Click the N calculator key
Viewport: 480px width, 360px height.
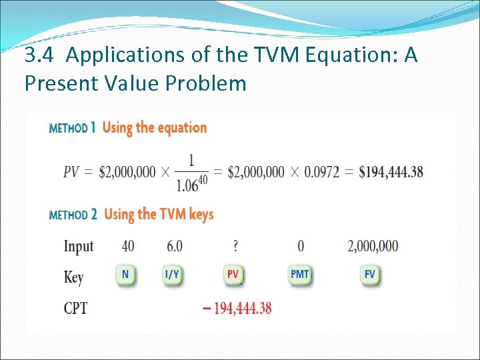(x=125, y=275)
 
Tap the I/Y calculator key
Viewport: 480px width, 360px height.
(x=172, y=275)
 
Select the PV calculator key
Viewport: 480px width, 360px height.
(x=233, y=275)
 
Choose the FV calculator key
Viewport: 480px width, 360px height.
(x=371, y=275)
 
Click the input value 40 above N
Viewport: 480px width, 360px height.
(x=127, y=246)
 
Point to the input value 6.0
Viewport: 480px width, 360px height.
(x=174, y=246)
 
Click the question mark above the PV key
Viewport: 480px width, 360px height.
(x=235, y=246)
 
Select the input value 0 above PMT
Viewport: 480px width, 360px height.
(x=301, y=246)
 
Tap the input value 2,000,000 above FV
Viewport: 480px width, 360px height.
(x=373, y=246)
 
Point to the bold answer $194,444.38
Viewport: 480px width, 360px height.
(x=391, y=172)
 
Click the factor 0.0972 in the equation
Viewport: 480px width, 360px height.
(x=321, y=172)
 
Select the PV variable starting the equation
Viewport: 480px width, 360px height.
(x=71, y=172)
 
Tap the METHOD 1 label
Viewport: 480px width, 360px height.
(x=73, y=128)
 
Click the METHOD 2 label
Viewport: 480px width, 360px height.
(x=73, y=215)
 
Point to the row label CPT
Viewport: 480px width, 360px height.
(x=75, y=309)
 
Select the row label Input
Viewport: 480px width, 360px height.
(x=79, y=247)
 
